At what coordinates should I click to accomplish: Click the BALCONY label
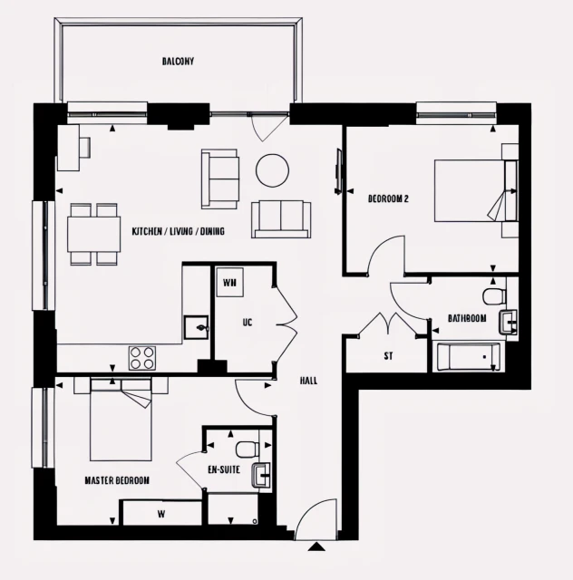coord(178,62)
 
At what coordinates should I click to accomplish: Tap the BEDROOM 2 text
coord(388,198)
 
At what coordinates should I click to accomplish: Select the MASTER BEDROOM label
coord(117,480)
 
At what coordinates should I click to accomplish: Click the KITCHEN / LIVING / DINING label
coord(178,232)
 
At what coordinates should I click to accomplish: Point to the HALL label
coord(308,382)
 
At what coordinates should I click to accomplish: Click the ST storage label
coord(388,356)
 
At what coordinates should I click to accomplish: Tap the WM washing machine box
coord(229,282)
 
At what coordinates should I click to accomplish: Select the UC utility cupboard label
coord(247,322)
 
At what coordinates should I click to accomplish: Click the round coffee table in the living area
coord(272,169)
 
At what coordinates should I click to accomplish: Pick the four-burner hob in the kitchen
coord(142,357)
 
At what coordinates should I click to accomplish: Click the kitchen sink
coord(196,326)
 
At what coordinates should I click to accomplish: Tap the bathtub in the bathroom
coord(469,357)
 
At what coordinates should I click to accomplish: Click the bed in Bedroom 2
coord(470,190)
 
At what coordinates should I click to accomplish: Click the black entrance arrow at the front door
coord(316,546)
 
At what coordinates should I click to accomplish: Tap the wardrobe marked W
coord(161,513)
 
